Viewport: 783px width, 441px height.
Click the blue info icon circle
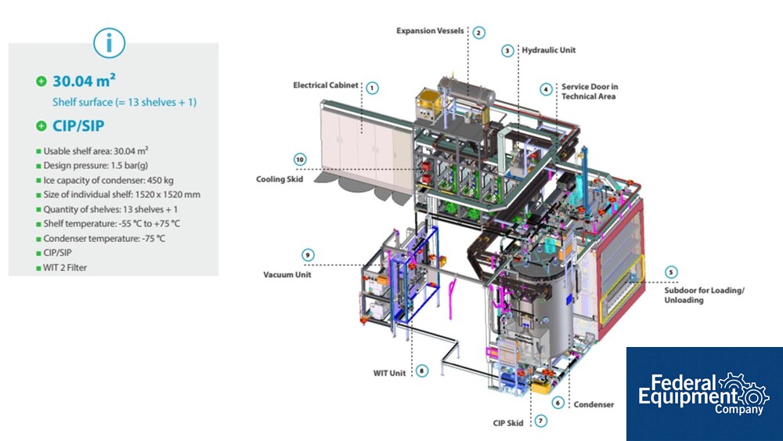coord(109,43)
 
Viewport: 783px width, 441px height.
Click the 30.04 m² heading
coord(84,81)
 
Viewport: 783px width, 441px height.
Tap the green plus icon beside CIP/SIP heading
coord(41,126)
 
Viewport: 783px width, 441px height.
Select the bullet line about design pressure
coord(96,165)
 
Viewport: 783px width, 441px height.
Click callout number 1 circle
coord(372,88)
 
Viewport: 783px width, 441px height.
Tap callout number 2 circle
coord(478,32)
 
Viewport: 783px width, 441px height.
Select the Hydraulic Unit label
coord(549,50)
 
